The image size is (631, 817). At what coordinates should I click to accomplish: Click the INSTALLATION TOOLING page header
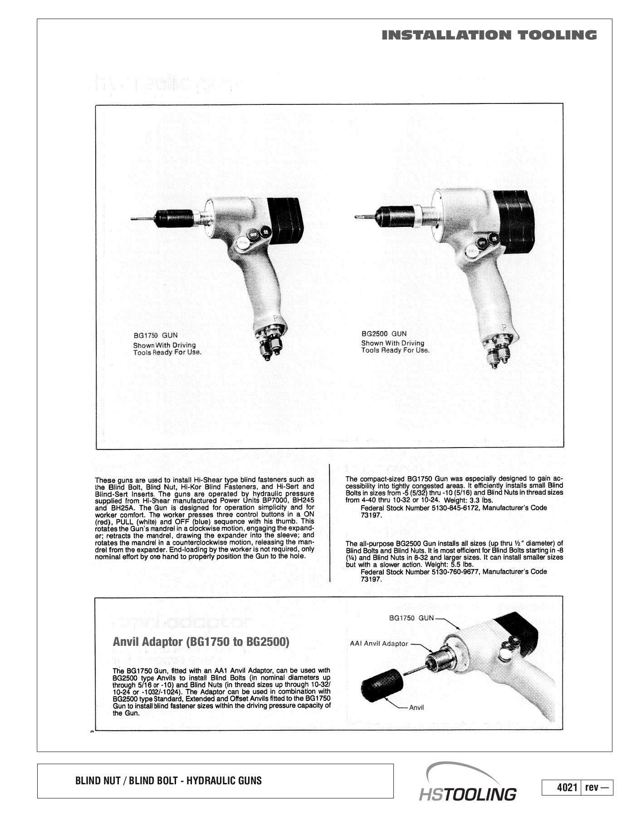click(489, 35)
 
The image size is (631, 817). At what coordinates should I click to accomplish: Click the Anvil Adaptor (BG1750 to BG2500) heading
click(201, 642)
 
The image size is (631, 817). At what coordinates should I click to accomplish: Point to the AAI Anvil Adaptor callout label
click(379, 644)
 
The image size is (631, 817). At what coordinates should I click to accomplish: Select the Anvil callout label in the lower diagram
click(416, 708)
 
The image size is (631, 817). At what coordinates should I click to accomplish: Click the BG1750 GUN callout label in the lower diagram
click(411, 618)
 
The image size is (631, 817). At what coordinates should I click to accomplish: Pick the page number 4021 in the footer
click(567, 787)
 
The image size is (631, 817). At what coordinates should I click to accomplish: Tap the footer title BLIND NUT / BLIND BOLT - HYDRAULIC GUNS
click(168, 781)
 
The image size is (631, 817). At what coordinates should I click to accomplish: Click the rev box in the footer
click(597, 787)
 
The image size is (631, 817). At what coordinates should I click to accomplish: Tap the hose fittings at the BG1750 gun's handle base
click(269, 344)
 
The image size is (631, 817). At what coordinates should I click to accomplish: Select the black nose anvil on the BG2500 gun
click(395, 216)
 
